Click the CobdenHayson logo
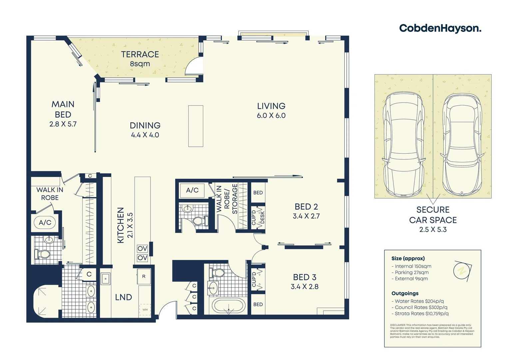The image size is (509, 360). coord(440,28)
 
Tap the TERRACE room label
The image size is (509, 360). coord(140,54)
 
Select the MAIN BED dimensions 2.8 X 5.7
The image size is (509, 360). coord(63,124)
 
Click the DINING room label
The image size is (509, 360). coord(145,125)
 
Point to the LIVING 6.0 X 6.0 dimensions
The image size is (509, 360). coord(271,116)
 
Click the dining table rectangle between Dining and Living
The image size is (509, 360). coord(196,126)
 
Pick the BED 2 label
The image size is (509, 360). coord(306,207)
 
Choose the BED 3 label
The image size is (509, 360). coord(304,277)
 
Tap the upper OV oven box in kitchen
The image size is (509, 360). coord(142,249)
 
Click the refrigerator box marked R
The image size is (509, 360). coord(144,276)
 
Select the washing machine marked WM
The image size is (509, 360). coord(145,310)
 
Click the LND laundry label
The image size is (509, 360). coord(123,297)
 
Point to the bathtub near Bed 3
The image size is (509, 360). coord(229,306)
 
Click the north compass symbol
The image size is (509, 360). coord(462,270)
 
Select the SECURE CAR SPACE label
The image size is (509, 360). coord(433,215)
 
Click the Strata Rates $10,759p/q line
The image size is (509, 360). coord(421,314)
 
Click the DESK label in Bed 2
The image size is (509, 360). coord(262,217)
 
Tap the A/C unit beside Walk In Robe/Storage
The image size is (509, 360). coord(192,190)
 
